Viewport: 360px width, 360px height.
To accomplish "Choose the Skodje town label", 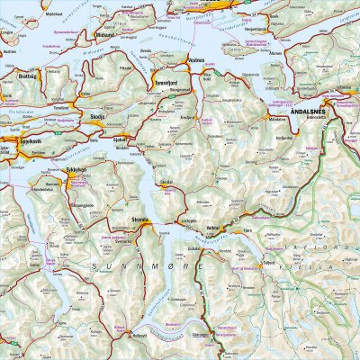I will click(99, 116).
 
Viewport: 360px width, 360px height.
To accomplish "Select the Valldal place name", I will click(212, 229).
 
